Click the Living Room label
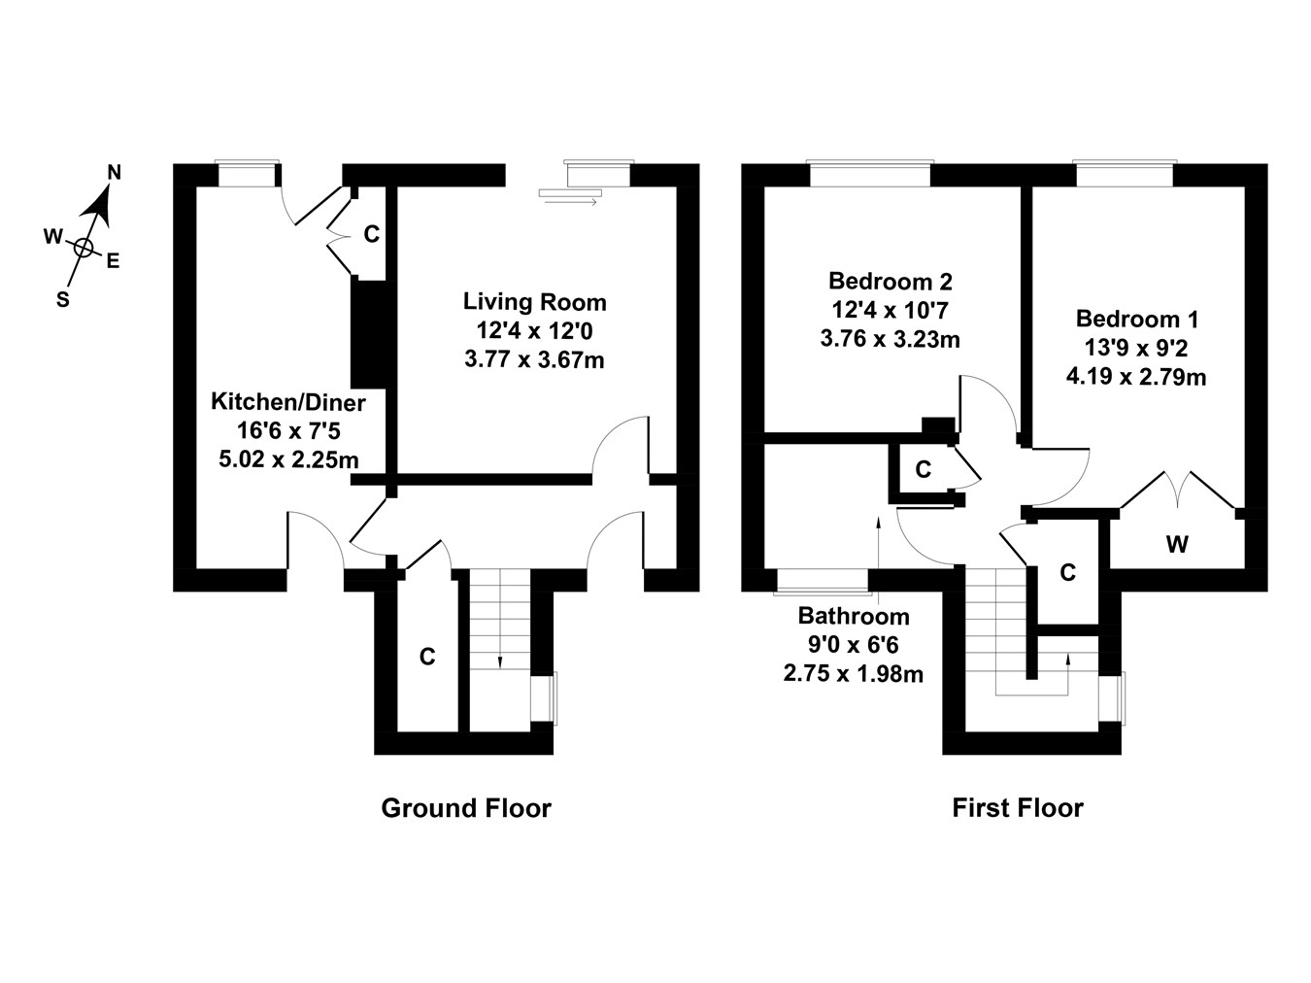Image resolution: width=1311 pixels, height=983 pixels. [534, 301]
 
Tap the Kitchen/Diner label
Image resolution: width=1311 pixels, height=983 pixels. [288, 401]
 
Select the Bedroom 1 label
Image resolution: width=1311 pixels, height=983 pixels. [1137, 319]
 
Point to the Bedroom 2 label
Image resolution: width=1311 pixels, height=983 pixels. [890, 282]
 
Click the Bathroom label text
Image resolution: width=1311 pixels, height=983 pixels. [854, 616]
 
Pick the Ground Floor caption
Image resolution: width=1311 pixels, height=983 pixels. [465, 808]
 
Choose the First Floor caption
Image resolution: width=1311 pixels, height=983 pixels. [1017, 808]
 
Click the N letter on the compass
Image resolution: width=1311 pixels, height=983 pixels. [114, 173]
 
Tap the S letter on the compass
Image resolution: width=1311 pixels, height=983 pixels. [63, 300]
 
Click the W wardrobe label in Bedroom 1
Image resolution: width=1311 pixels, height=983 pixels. [1177, 545]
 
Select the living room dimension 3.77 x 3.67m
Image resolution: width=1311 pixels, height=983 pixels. [534, 359]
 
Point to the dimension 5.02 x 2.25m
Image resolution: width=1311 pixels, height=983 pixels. [288, 458]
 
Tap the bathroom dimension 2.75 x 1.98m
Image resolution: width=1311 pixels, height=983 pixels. [854, 673]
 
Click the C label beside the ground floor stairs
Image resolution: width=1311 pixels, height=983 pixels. [427, 658]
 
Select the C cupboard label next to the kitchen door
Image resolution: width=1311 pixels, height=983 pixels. [371, 234]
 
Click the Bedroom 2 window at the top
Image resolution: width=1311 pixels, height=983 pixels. [870, 173]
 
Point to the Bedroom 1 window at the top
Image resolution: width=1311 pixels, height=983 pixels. [1124, 173]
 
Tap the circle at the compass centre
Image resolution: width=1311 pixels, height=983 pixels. [84, 248]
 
